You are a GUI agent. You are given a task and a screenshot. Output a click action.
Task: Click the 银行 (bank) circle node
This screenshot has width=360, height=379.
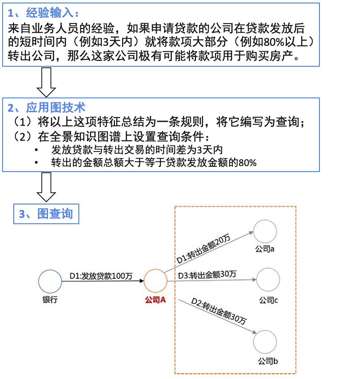[50, 282]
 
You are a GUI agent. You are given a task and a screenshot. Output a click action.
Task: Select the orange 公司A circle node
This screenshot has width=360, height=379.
[155, 281]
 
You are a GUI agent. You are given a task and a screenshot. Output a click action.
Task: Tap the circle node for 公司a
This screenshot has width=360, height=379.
[265, 231]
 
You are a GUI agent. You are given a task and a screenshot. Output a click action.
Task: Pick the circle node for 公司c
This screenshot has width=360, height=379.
[268, 280]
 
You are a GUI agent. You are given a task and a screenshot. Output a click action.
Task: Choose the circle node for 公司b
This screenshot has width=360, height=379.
[265, 341]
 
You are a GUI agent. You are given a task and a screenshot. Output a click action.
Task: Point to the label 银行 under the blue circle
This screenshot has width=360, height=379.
[50, 300]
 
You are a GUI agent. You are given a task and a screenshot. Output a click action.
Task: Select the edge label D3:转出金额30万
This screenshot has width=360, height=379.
[207, 275]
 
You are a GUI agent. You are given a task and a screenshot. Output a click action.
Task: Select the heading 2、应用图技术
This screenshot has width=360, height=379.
[46, 108]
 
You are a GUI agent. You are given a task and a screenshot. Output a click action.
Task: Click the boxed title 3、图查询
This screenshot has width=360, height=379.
[46, 214]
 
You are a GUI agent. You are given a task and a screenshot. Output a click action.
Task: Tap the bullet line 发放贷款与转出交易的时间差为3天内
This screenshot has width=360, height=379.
[137, 150]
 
